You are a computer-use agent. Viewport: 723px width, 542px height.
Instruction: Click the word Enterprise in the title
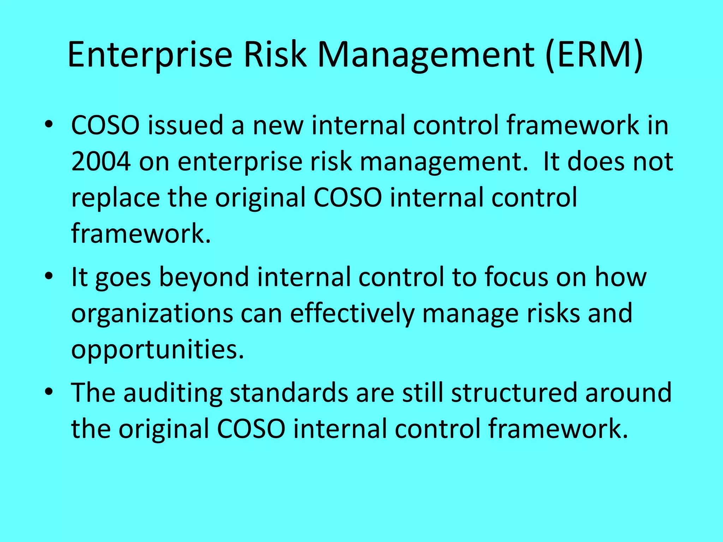(150, 55)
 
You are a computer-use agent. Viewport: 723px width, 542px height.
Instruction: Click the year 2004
(101, 162)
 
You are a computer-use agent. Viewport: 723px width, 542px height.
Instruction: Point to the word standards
(288, 392)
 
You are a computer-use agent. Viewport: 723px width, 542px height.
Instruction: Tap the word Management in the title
(426, 55)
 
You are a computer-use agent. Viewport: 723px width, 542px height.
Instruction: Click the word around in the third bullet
(628, 392)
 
